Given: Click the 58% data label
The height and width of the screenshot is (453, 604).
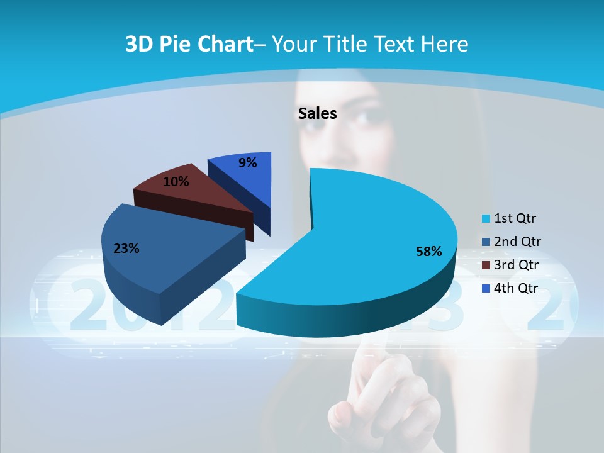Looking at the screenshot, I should [x=428, y=252].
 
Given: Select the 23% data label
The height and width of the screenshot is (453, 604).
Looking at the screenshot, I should [x=126, y=249].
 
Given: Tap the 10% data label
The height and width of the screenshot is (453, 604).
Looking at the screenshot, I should [x=176, y=182].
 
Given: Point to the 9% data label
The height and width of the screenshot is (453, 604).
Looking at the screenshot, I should [x=248, y=163].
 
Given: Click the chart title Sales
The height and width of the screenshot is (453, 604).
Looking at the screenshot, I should [x=317, y=113].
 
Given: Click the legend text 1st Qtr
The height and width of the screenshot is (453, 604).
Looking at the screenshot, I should [x=515, y=219].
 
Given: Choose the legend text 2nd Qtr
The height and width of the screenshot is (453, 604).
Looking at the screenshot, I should [x=518, y=242].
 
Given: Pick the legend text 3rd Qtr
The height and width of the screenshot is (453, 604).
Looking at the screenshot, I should [x=517, y=265].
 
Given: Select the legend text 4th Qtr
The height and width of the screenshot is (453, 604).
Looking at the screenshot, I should [x=517, y=288].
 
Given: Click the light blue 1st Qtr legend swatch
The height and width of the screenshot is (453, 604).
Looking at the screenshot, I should [x=486, y=220].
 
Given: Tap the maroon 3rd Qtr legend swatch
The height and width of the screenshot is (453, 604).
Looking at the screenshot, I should [x=486, y=266].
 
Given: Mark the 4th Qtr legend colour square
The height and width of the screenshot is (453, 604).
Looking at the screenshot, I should [x=486, y=289].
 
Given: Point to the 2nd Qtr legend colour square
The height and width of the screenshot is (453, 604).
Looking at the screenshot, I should [x=486, y=242].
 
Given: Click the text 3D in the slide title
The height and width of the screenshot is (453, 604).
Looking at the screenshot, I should [x=139, y=44].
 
